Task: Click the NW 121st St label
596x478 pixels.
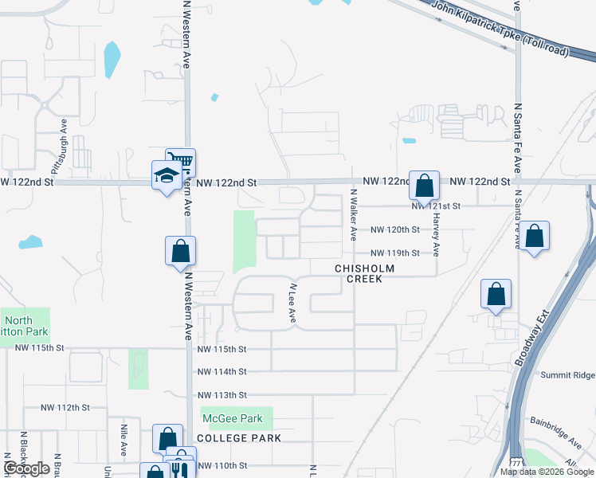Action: (437, 206)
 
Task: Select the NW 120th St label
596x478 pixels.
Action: (395, 230)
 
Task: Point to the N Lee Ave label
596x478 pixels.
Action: (292, 304)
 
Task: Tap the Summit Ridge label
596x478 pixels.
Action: (567, 375)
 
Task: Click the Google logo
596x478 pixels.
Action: (27, 468)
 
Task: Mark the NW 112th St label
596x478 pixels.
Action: (66, 407)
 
